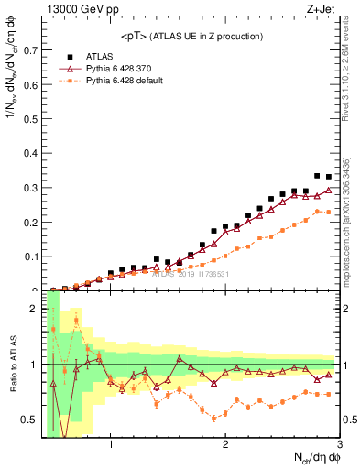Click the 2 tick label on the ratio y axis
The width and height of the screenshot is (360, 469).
[x=34, y=309]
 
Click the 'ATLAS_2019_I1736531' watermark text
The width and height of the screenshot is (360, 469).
[x=190, y=273]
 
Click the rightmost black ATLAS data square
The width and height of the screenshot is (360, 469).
[x=329, y=177]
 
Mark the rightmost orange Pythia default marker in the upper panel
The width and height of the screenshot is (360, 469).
[x=329, y=213]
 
